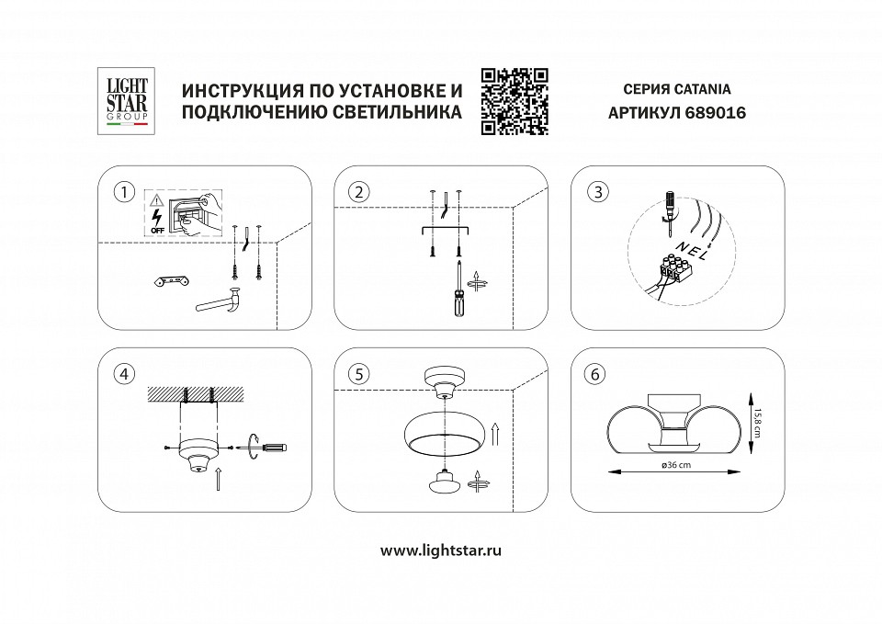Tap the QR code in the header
tap(514, 101)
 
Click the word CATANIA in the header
tap(700, 90)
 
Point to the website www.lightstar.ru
tap(441, 550)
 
